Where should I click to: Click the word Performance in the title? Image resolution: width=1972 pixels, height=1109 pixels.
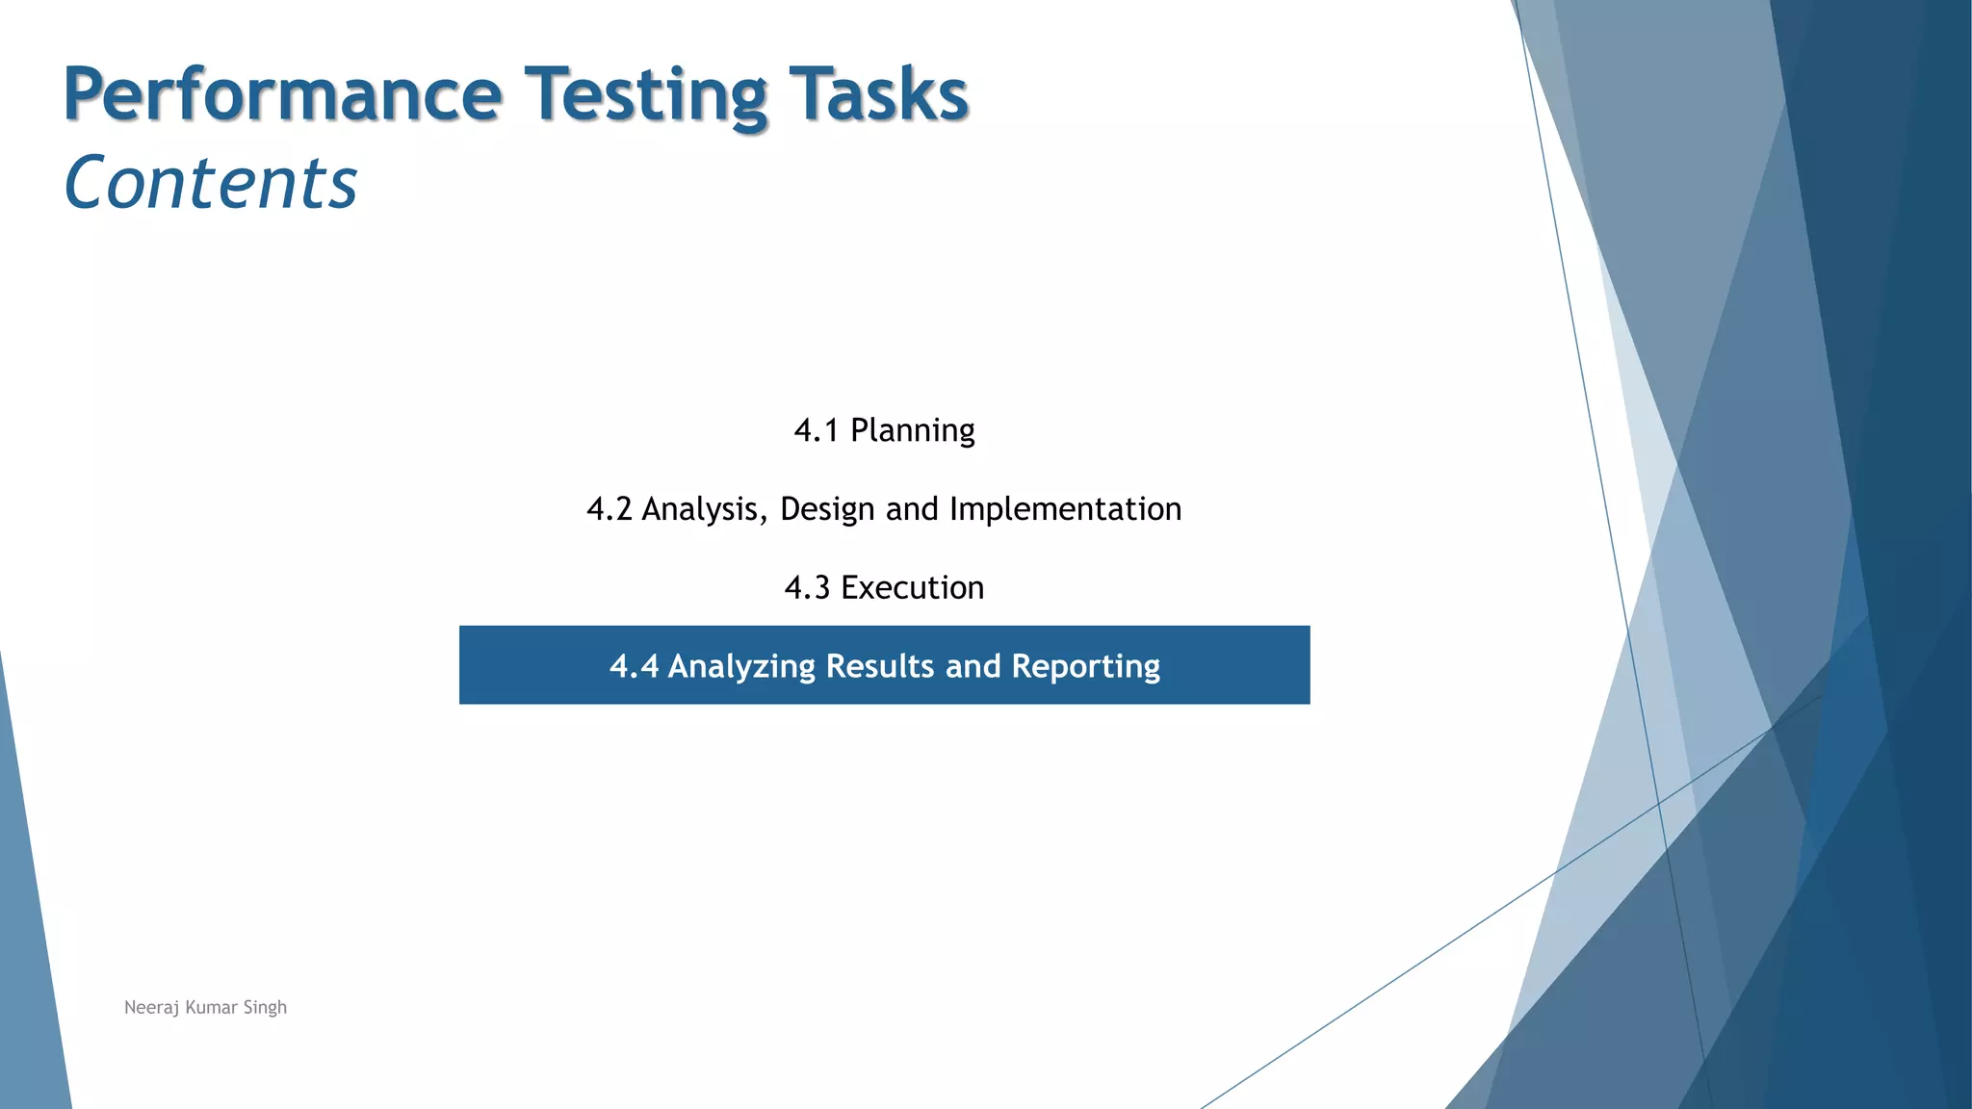click(x=282, y=94)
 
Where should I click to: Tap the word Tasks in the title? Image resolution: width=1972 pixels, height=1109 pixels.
click(x=877, y=94)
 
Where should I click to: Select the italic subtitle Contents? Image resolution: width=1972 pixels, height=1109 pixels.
click(x=210, y=183)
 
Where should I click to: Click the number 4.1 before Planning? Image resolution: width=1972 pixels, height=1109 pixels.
click(x=816, y=430)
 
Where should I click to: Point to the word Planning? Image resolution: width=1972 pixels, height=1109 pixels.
click(x=912, y=430)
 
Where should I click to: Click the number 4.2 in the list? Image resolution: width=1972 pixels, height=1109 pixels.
click(x=609, y=509)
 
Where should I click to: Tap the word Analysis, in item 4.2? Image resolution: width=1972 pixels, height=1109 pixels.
click(x=705, y=509)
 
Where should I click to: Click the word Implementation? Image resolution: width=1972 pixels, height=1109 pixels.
click(x=1065, y=509)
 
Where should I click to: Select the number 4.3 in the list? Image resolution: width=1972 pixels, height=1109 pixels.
click(x=807, y=588)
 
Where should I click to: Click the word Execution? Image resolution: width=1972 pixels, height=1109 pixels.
click(x=912, y=588)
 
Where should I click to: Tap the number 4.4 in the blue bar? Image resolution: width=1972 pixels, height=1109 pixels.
click(x=634, y=666)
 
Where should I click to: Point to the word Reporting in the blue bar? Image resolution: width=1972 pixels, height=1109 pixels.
click(x=1085, y=666)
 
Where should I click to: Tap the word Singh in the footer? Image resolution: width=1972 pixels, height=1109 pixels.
click(x=265, y=1008)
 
